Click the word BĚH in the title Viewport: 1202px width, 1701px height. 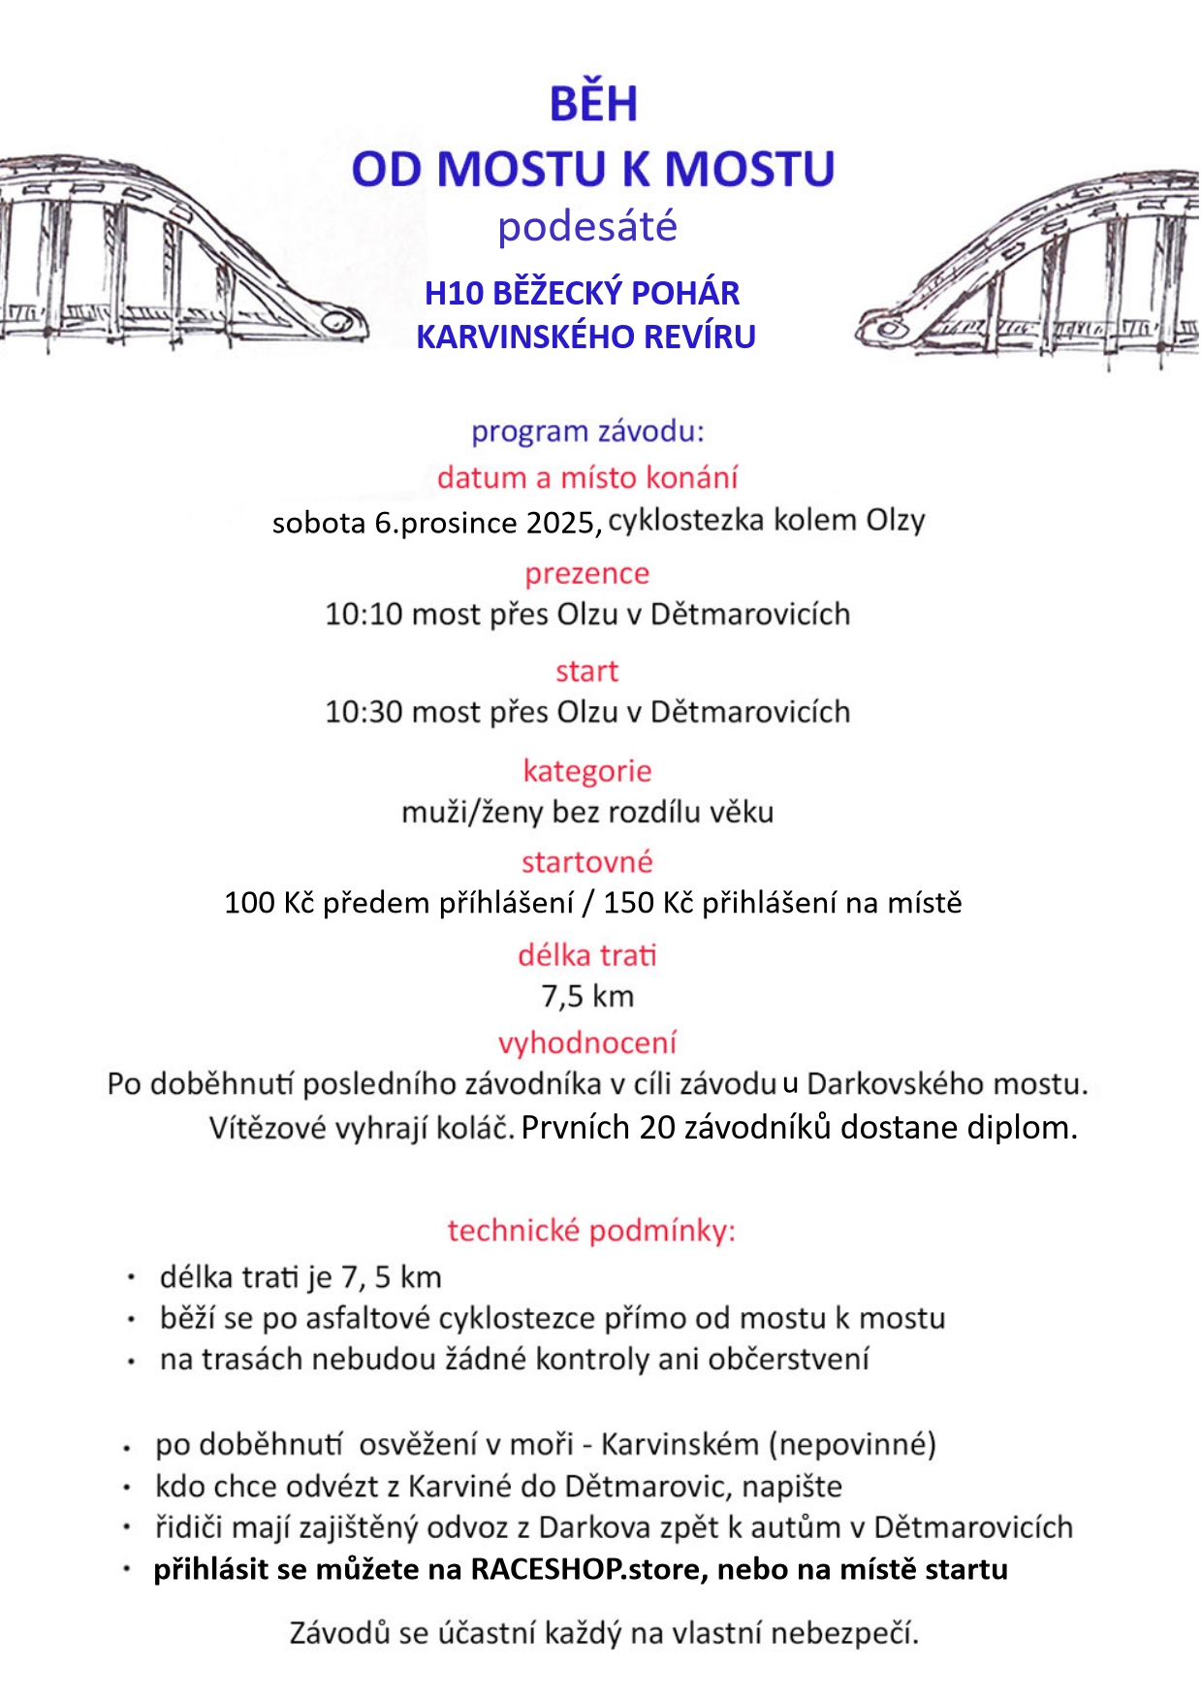tap(593, 105)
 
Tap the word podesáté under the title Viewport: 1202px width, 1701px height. tap(587, 227)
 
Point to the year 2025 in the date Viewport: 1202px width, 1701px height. tap(559, 524)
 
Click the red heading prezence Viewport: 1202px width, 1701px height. tap(587, 573)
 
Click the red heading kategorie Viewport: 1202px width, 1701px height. tap(587, 771)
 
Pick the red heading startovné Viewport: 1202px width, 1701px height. tap(587, 862)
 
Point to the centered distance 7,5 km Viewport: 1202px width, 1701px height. tap(587, 996)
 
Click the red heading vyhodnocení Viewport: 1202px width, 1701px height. tap(587, 1043)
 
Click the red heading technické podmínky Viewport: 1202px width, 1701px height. tap(591, 1231)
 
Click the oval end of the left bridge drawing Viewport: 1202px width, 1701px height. tap(336, 320)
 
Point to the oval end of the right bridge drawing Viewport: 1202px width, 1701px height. tap(886, 327)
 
